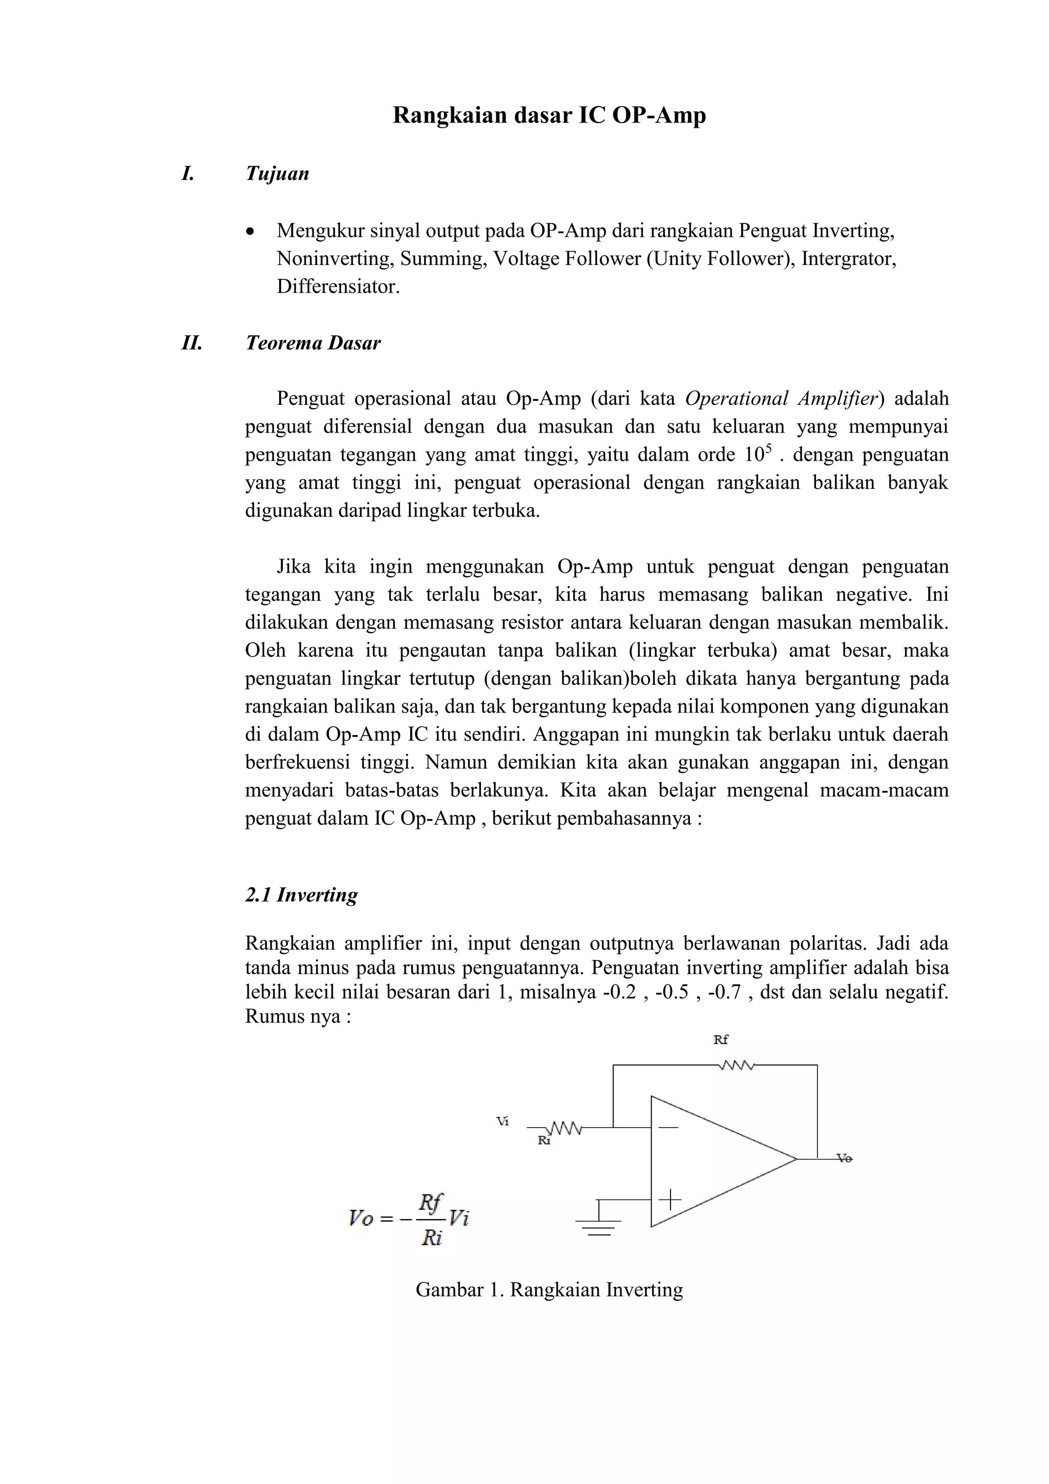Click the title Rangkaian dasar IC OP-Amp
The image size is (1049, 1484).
(549, 116)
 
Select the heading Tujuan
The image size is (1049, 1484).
(277, 174)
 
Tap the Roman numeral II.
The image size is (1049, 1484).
(192, 343)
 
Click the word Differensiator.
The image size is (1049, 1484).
(338, 287)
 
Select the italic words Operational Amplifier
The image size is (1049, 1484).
(782, 399)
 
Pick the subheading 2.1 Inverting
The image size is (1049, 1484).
(301, 895)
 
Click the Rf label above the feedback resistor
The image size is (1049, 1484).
(720, 1040)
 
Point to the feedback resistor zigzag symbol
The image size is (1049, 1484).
(736, 1065)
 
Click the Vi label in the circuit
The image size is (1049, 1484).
(502, 1122)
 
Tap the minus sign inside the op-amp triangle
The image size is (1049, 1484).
(669, 1127)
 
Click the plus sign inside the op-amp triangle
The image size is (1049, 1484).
(670, 1200)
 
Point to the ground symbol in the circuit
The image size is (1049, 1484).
(599, 1224)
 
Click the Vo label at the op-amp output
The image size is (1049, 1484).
(844, 1159)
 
